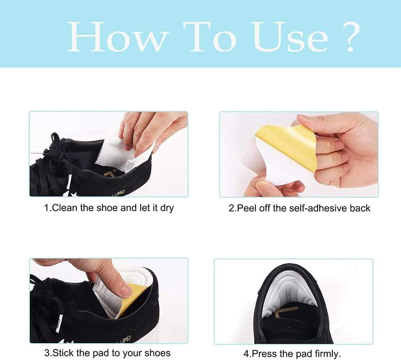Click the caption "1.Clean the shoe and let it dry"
(109, 208)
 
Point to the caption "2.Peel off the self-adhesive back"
(299, 208)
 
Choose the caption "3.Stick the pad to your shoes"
(107, 353)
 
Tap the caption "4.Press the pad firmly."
(292, 354)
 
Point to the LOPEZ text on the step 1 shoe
(118, 194)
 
